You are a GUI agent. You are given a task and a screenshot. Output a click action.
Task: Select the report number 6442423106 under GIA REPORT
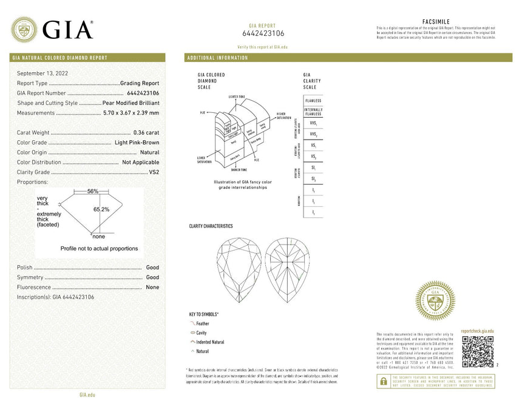point(263,33)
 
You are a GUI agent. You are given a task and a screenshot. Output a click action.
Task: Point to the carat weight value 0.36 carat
point(146,132)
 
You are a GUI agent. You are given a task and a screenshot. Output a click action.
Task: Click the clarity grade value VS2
point(154,172)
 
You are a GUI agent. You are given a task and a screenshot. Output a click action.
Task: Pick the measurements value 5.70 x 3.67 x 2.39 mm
point(131,113)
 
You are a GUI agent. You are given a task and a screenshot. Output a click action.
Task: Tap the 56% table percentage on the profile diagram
point(92,191)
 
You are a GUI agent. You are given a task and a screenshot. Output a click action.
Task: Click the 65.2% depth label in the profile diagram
point(101,209)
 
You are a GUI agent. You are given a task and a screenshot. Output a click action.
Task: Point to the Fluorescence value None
point(152,287)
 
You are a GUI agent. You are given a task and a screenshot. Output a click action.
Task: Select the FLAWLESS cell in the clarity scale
point(313,100)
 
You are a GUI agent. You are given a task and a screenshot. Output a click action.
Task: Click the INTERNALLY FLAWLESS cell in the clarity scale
point(313,112)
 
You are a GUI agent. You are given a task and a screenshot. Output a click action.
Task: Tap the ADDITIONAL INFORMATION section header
point(218,58)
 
